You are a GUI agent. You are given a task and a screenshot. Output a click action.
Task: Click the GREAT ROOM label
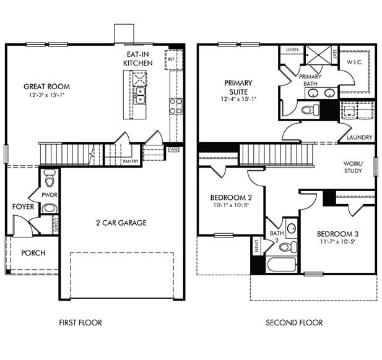46,87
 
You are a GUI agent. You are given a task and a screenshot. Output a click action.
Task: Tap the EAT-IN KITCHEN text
138,59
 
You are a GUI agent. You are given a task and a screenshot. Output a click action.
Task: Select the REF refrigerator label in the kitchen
170,59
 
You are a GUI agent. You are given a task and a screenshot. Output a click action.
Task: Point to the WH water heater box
174,149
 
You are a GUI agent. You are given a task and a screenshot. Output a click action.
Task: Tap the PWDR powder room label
50,194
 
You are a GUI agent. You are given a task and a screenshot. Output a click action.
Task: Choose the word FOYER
23,207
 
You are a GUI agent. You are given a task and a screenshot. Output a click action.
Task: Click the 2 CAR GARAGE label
121,223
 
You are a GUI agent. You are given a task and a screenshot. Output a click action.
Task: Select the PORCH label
33,253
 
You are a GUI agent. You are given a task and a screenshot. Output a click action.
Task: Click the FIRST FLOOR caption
80,322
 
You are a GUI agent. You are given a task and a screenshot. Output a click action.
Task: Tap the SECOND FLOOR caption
294,322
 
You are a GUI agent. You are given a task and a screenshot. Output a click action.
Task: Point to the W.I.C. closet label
355,62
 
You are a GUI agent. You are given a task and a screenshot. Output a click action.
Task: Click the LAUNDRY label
359,137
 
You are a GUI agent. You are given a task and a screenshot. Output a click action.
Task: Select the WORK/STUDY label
354,167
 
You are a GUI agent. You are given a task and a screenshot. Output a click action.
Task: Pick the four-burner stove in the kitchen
176,105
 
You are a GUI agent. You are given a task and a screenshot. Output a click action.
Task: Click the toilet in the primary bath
308,110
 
